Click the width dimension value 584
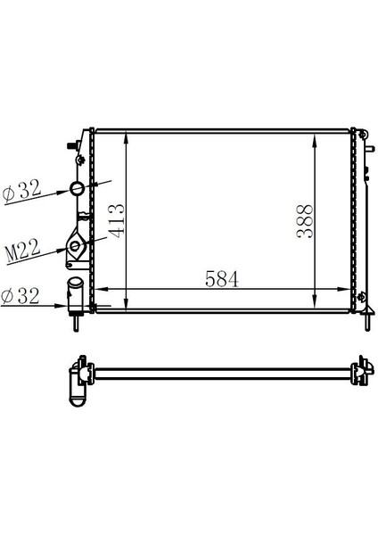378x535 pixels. pyautogui.click(x=222, y=278)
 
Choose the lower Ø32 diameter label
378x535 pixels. pyautogui.click(x=22, y=296)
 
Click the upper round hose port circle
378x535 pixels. pyautogui.click(x=78, y=189)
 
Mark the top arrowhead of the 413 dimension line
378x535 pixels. pyautogui.click(x=128, y=136)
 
